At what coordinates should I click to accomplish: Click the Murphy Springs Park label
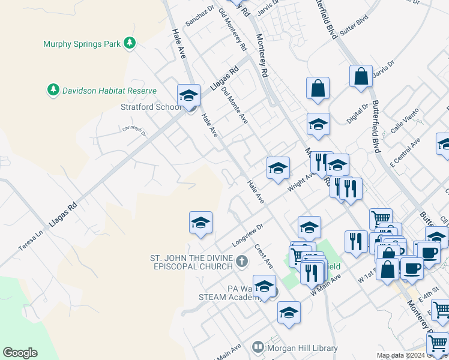coord(81,44)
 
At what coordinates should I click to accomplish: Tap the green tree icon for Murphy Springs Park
coord(129,43)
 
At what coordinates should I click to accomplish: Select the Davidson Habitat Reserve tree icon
coord(53,90)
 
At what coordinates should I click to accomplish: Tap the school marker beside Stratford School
coord(188,96)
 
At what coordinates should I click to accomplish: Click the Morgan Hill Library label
coord(303,348)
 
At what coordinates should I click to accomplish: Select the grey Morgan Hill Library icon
coord(258,347)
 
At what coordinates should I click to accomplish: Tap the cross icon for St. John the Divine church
coord(241,261)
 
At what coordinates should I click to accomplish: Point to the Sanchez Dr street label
coord(200,16)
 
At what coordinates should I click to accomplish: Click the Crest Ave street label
coord(264,256)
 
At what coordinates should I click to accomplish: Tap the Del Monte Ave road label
coord(234,104)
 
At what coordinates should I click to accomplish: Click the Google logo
coord(20,353)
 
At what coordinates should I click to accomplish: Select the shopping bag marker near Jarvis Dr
coord(361,77)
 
